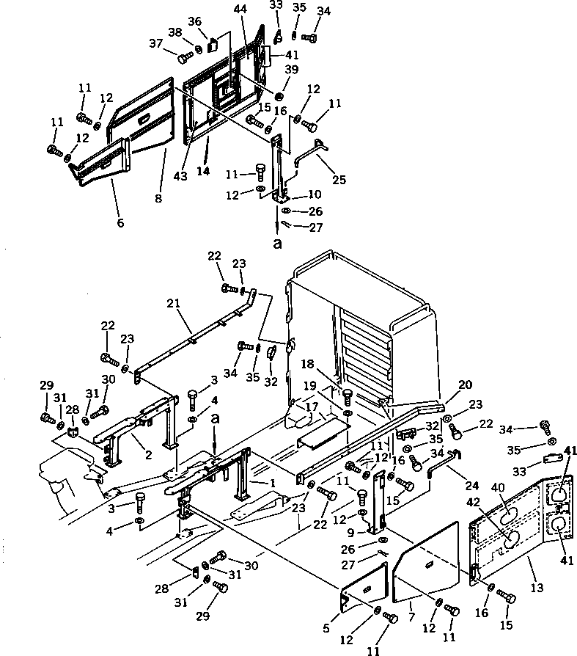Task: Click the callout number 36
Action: coord(195,21)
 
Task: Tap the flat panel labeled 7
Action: coord(425,558)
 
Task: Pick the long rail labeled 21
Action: coord(194,342)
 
